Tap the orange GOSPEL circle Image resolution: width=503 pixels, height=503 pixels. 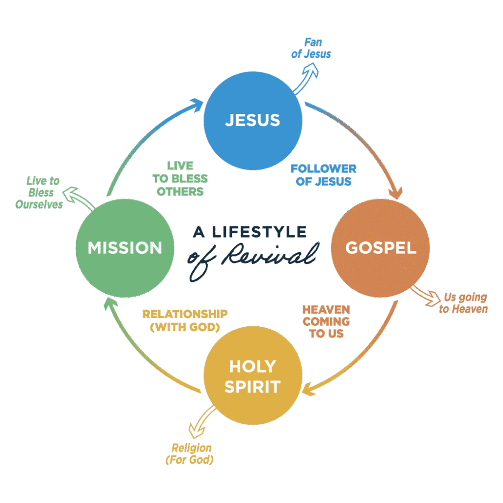pos(380,248)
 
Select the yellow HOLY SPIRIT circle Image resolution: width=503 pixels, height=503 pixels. pos(252,376)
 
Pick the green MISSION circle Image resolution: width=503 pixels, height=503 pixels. pos(125,248)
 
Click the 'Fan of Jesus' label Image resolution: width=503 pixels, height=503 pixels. pos(311,48)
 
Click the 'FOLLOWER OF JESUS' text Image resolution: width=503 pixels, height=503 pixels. pos(323,175)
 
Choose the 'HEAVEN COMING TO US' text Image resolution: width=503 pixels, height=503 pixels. pos(326,321)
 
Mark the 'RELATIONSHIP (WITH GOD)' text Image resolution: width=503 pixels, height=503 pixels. pos(185,320)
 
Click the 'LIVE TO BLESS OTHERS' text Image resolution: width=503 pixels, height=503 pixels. pos(180,178)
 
